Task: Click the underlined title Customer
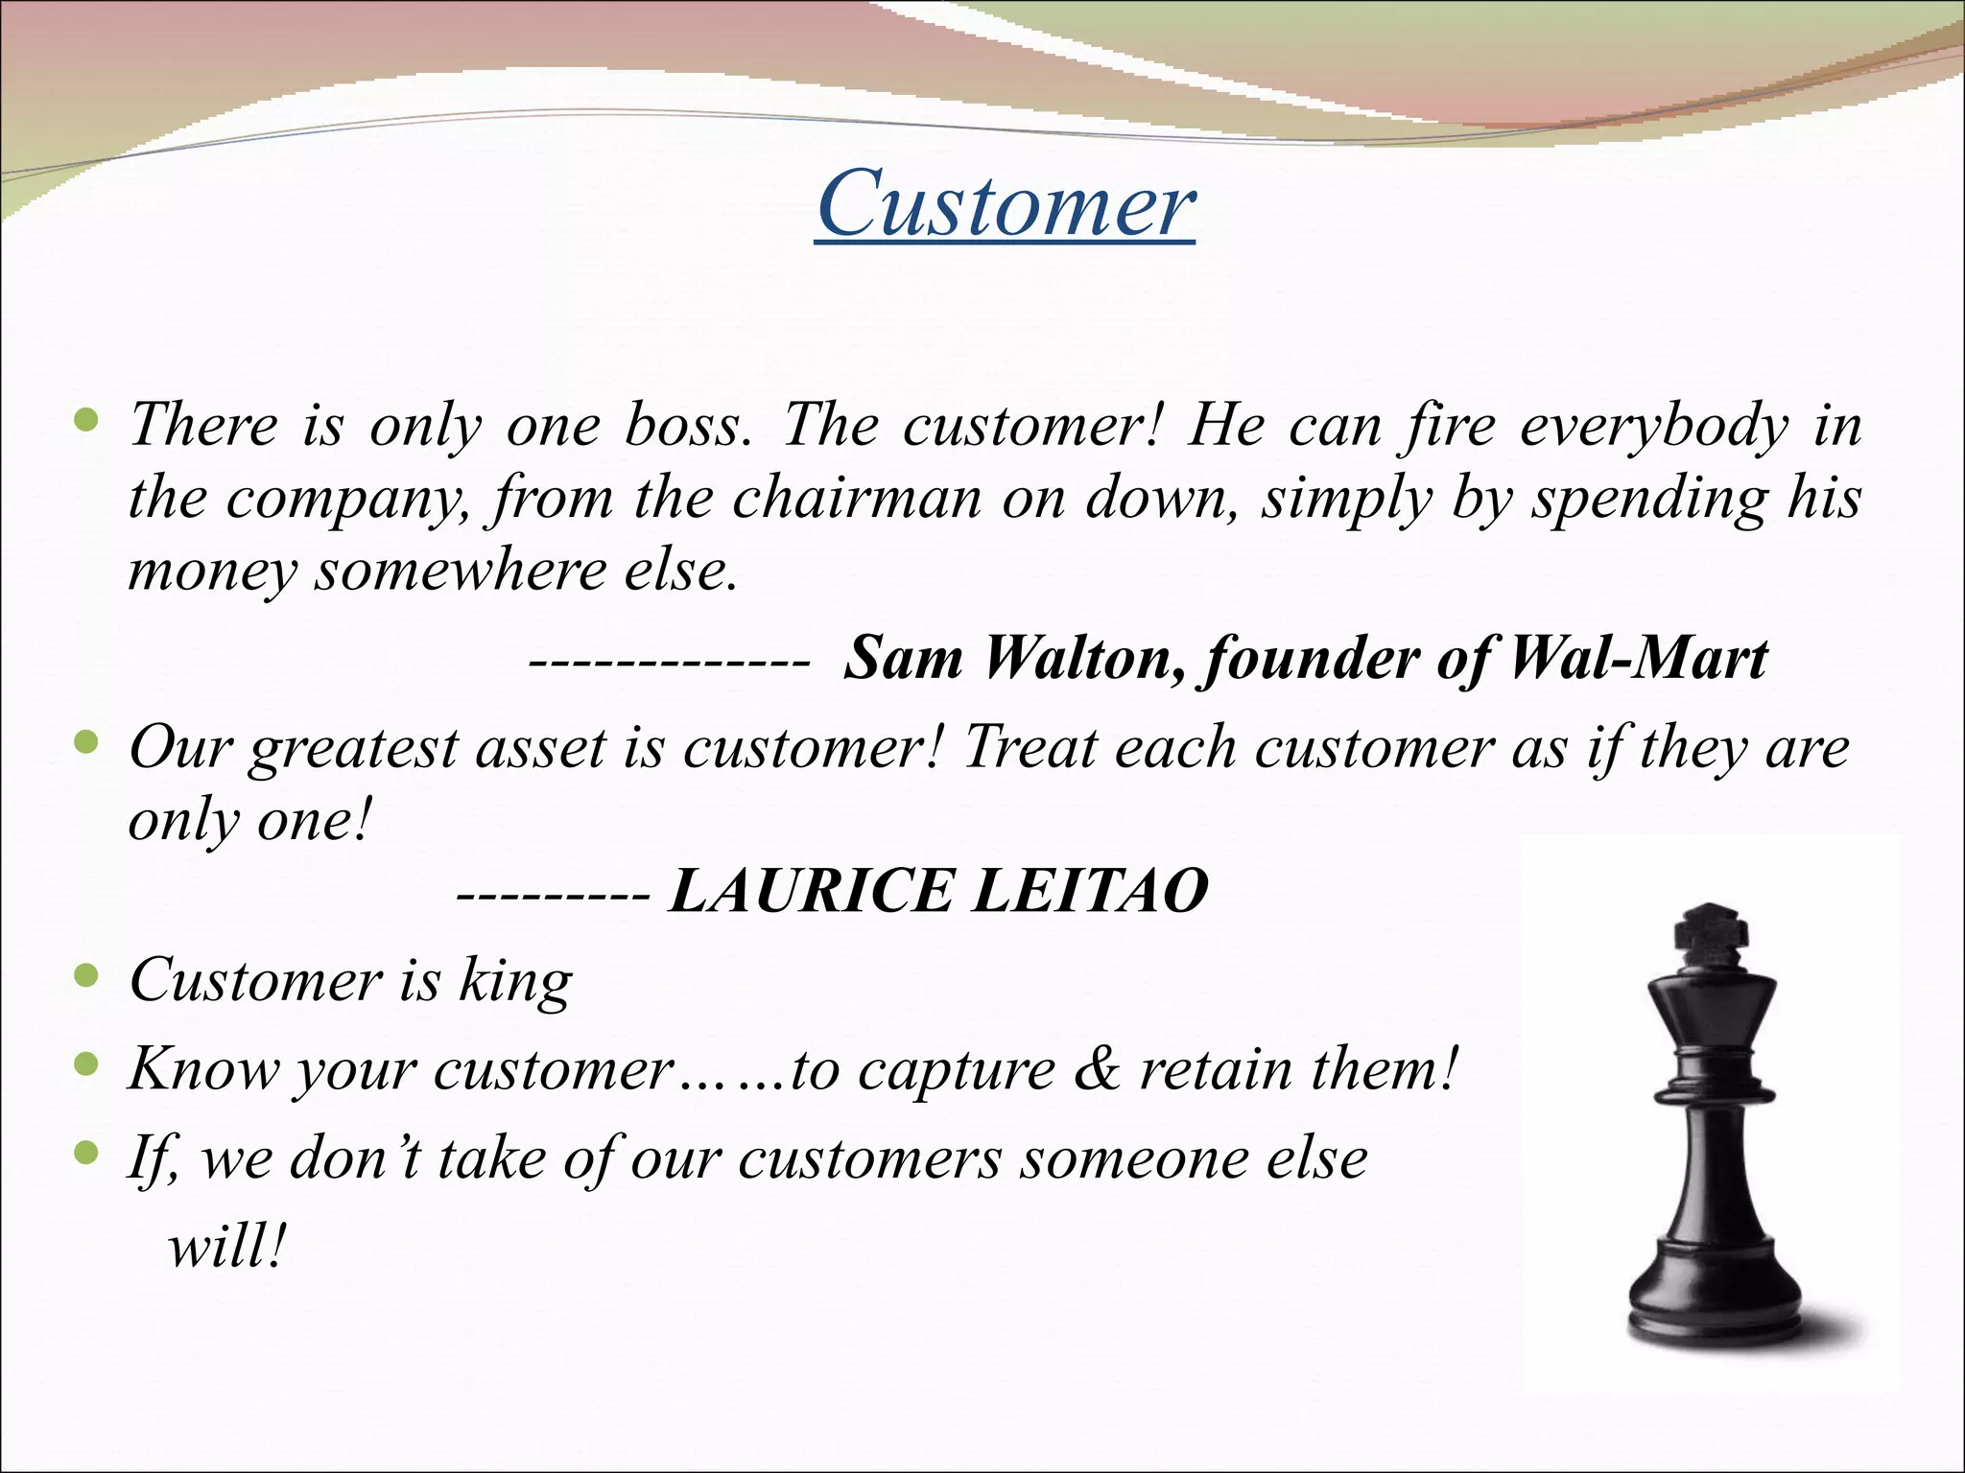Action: click(1006, 203)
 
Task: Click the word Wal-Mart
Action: click(1638, 659)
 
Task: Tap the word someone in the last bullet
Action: click(1131, 1157)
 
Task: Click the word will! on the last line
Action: click(226, 1247)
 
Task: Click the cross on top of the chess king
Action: click(1711, 934)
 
